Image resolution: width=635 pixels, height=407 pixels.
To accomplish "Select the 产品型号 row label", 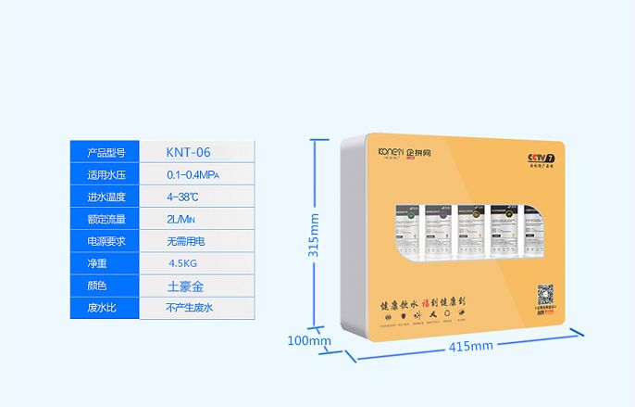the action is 106,152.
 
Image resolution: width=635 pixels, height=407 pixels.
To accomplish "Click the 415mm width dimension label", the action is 470,346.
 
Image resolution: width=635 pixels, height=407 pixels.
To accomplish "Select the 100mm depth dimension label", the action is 308,340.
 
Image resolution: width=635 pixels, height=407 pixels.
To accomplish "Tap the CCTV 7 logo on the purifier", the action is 540,158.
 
